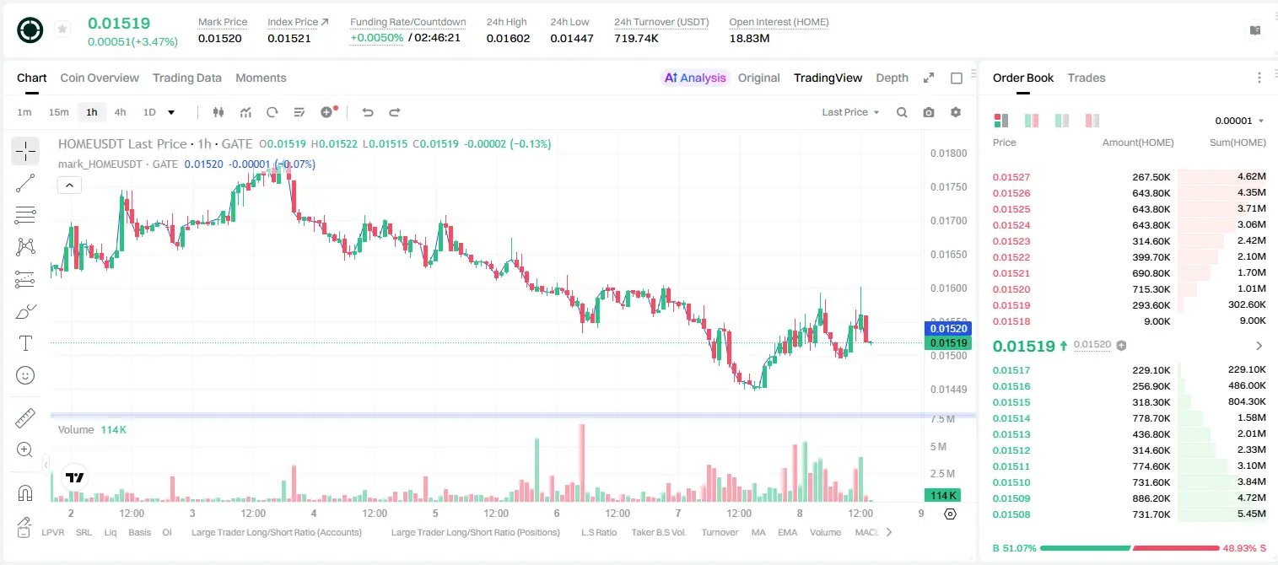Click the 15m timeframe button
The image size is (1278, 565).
59,112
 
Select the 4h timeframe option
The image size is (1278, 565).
120,112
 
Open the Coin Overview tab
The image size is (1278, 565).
100,78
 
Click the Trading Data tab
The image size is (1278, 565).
186,78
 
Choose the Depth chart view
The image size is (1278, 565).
892,78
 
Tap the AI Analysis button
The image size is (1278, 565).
695,78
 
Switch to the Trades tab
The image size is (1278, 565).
1087,78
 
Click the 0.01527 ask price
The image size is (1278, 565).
1011,177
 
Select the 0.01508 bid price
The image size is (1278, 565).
1011,514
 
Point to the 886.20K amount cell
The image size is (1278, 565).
1151,498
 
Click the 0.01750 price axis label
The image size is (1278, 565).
948,187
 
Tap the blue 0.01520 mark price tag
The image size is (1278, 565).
948,328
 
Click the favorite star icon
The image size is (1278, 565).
62,29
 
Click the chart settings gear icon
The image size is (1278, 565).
956,112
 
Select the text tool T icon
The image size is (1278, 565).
25,343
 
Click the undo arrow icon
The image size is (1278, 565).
368,112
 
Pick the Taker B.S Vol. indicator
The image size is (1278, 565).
658,532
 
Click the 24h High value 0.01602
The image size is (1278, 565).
508,38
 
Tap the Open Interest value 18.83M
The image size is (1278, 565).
749,38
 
